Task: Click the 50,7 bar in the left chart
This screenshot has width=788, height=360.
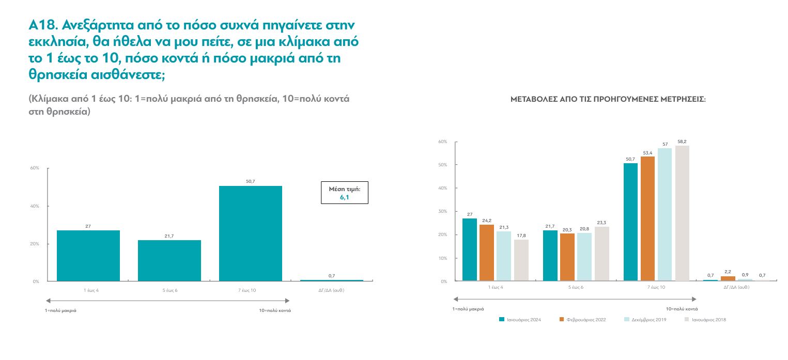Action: pos(250,233)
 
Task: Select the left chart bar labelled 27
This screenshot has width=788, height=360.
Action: pos(88,256)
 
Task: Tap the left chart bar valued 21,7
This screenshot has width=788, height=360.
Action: pos(169,260)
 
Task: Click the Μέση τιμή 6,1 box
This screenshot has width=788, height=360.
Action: pos(344,193)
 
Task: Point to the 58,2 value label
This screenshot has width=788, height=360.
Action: pos(682,142)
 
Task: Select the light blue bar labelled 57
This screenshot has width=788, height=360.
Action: pos(665,214)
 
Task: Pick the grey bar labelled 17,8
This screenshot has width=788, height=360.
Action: pos(521,260)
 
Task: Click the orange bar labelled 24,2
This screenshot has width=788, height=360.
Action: pos(487,253)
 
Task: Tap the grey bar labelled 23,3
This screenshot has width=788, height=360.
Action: pos(602,254)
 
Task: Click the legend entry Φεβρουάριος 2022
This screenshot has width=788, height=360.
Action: pos(582,320)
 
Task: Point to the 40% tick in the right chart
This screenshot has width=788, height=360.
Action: pos(442,188)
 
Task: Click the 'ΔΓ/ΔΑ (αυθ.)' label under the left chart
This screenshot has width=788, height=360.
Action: pos(331,290)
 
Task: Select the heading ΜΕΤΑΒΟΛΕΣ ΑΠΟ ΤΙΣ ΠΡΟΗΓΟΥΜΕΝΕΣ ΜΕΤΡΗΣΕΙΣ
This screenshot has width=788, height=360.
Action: pos(608,99)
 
